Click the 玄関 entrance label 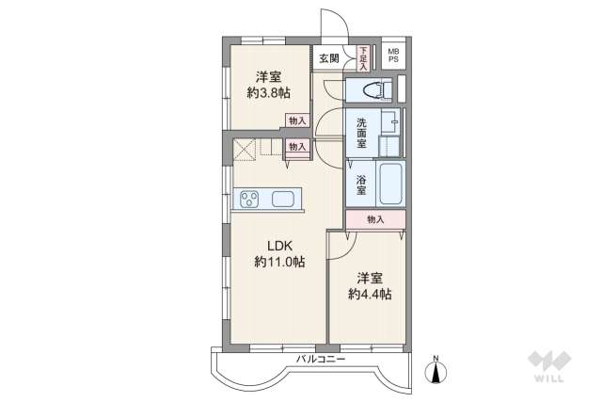329,58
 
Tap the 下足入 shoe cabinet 363,58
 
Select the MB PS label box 393,55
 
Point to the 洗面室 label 361,134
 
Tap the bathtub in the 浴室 391,184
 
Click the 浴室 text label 361,185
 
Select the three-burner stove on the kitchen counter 248,199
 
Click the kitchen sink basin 283,199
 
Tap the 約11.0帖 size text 279,262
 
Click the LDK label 280,246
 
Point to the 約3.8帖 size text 268,93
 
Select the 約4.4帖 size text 370,295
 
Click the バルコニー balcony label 321,360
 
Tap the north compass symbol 436,371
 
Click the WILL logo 549,365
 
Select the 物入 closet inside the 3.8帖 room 297,121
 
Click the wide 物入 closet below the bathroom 375,219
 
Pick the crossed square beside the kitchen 245,149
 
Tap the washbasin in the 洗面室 389,122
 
